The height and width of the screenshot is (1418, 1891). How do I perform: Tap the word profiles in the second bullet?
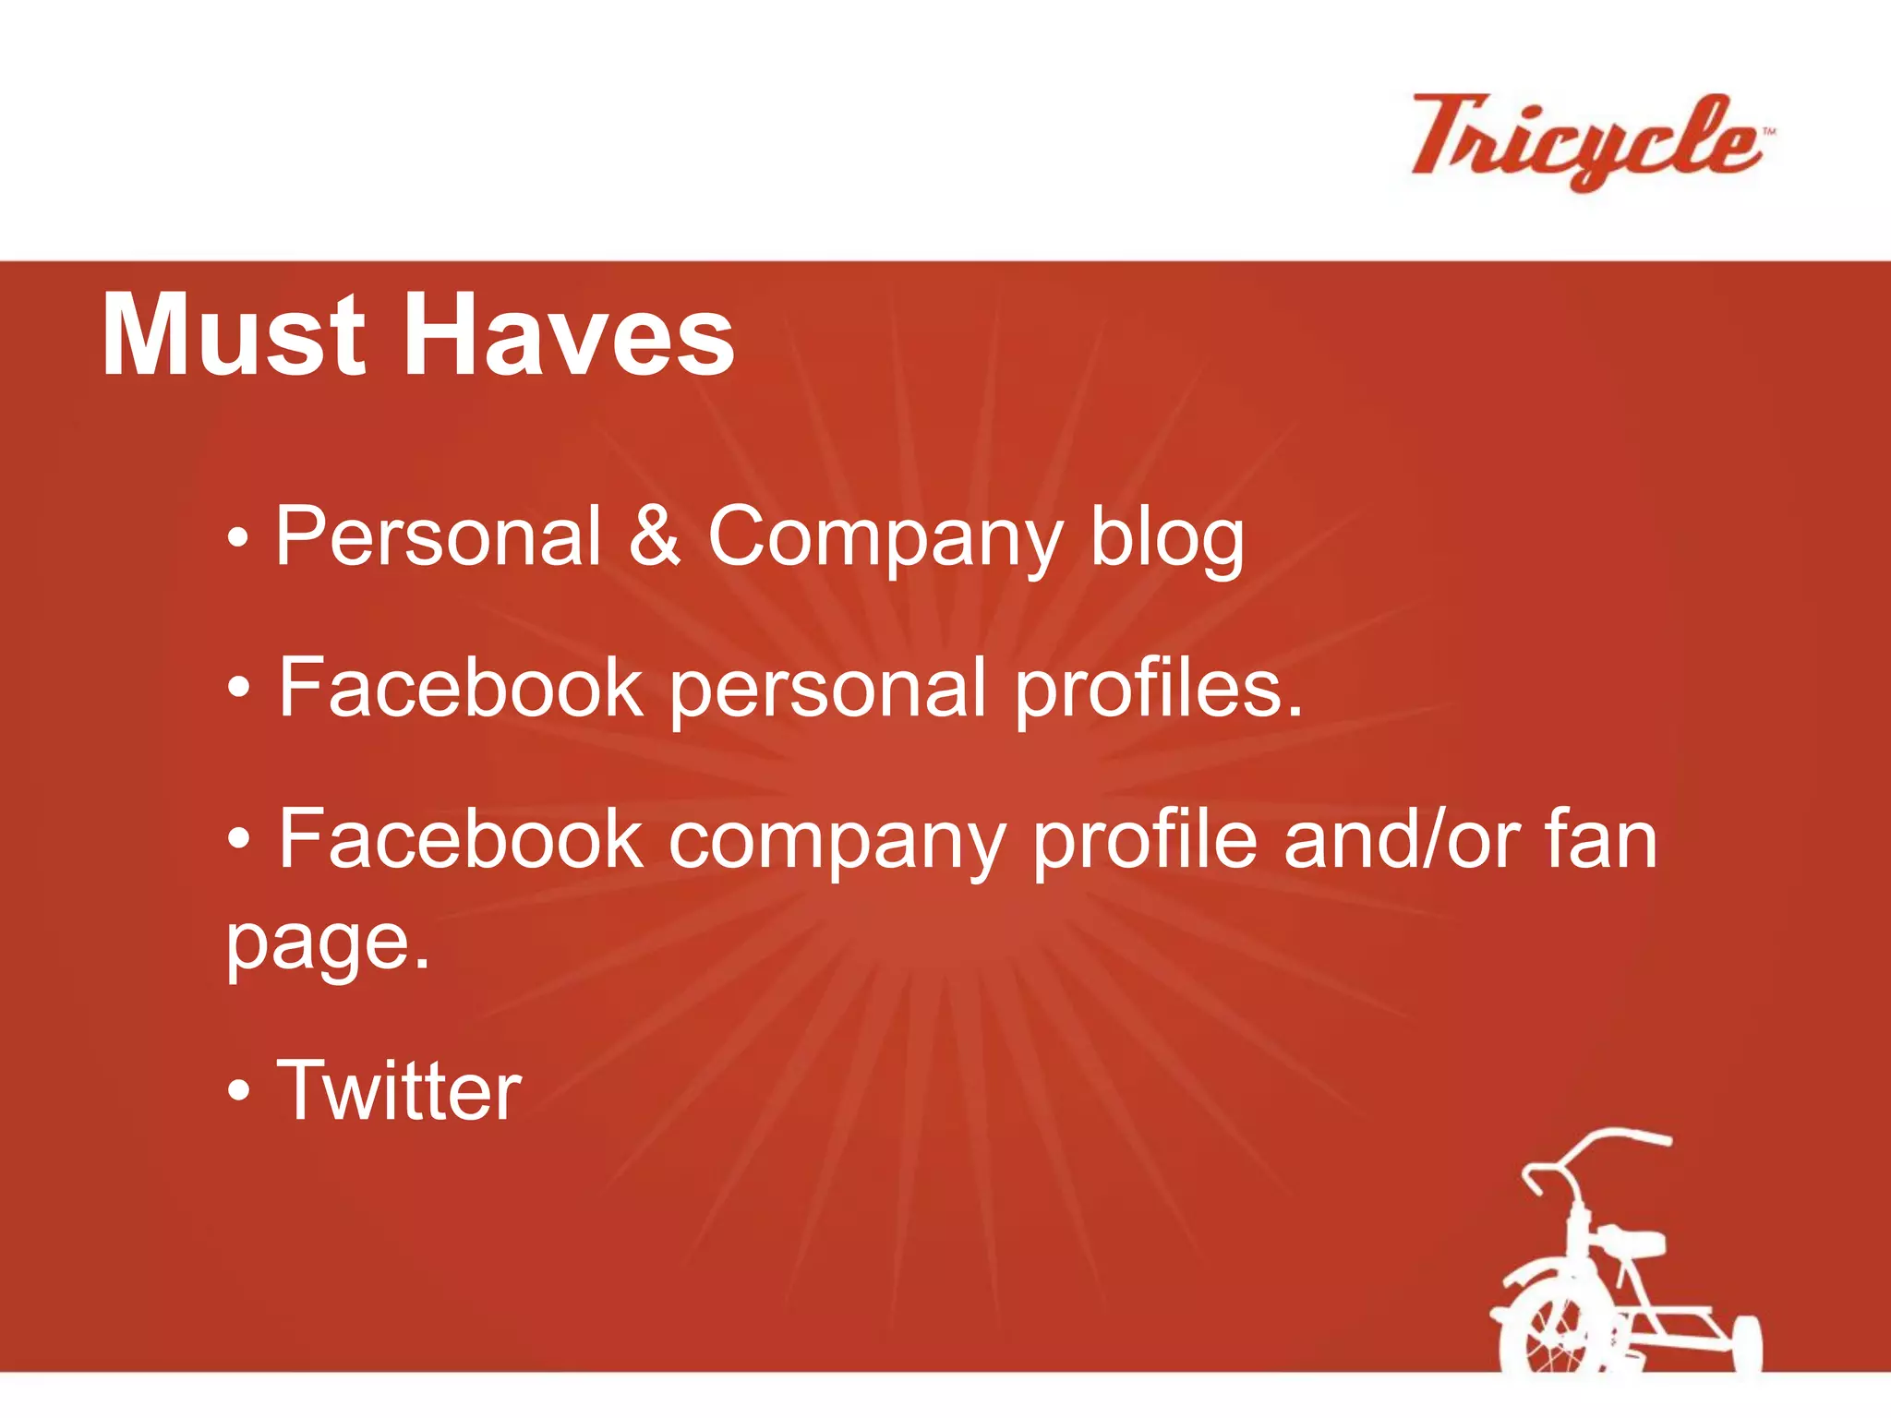[1159, 690]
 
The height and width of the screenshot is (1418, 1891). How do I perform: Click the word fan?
[1601, 839]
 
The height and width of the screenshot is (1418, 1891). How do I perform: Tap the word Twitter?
[400, 1091]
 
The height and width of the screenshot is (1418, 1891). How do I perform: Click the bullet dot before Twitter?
[238, 1091]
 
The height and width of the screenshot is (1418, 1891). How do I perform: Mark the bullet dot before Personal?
[238, 537]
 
